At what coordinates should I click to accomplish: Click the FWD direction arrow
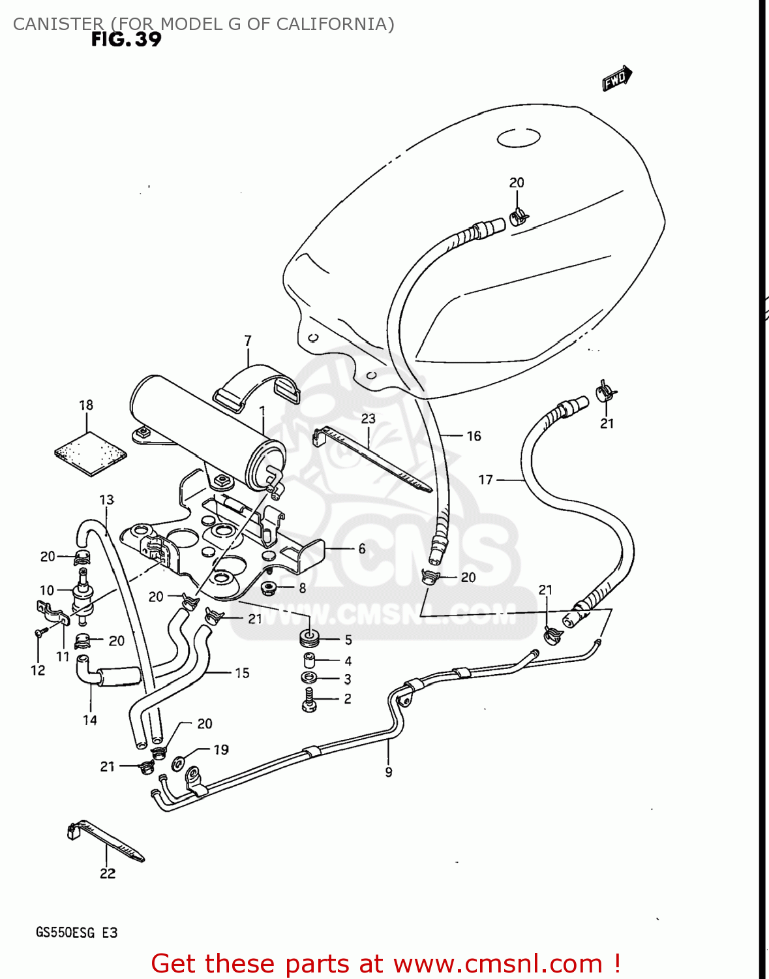pos(616,78)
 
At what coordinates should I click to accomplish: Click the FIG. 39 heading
pos(126,40)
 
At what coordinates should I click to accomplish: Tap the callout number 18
pos(86,405)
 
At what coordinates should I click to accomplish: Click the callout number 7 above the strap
pos(248,341)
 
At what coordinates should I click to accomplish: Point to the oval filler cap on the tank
pos(519,138)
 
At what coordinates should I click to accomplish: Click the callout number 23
pos(369,418)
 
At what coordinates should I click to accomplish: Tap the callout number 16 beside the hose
pos(474,436)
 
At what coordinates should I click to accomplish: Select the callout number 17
pos(486,480)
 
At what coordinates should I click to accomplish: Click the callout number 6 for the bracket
pos(362,549)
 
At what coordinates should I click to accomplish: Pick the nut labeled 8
pos(267,588)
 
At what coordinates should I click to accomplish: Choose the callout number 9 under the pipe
pos(389,772)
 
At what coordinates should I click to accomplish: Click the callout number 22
pos(108,873)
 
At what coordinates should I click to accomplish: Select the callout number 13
pos(106,500)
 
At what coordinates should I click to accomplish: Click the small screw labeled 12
pos(40,632)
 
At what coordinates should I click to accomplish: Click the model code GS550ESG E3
pos(76,933)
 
